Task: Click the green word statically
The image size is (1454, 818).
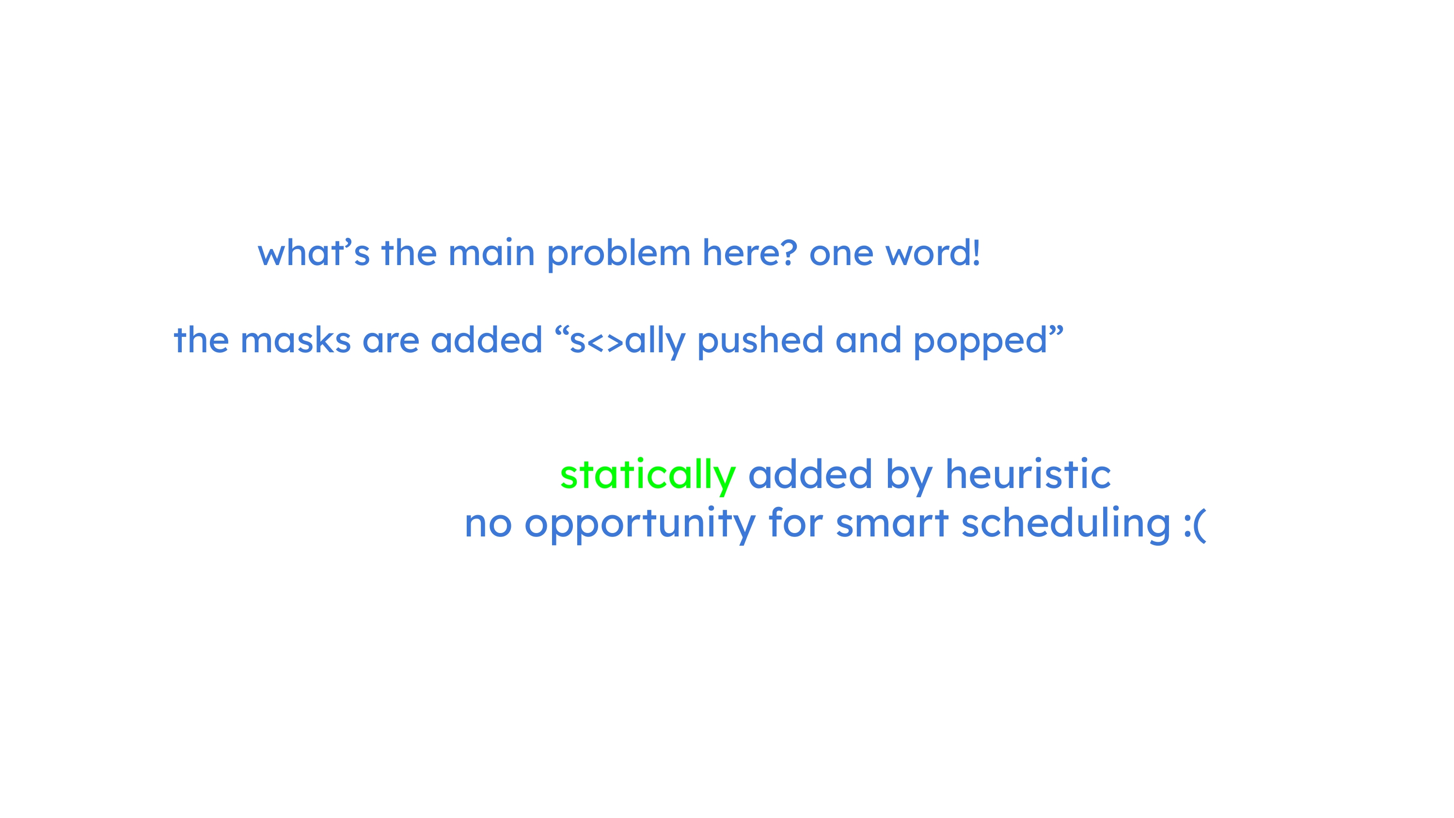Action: [x=648, y=475]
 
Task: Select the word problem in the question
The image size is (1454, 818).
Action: [x=618, y=254]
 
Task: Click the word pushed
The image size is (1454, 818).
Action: [x=760, y=342]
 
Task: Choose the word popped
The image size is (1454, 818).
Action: [x=981, y=342]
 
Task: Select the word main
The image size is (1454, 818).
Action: [x=491, y=253]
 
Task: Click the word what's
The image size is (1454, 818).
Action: [x=314, y=252]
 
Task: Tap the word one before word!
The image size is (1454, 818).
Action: [x=841, y=254]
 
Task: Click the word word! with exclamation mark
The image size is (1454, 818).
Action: [x=932, y=252]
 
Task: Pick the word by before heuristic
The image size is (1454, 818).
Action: [x=909, y=475]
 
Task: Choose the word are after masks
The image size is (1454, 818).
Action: [x=391, y=342]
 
